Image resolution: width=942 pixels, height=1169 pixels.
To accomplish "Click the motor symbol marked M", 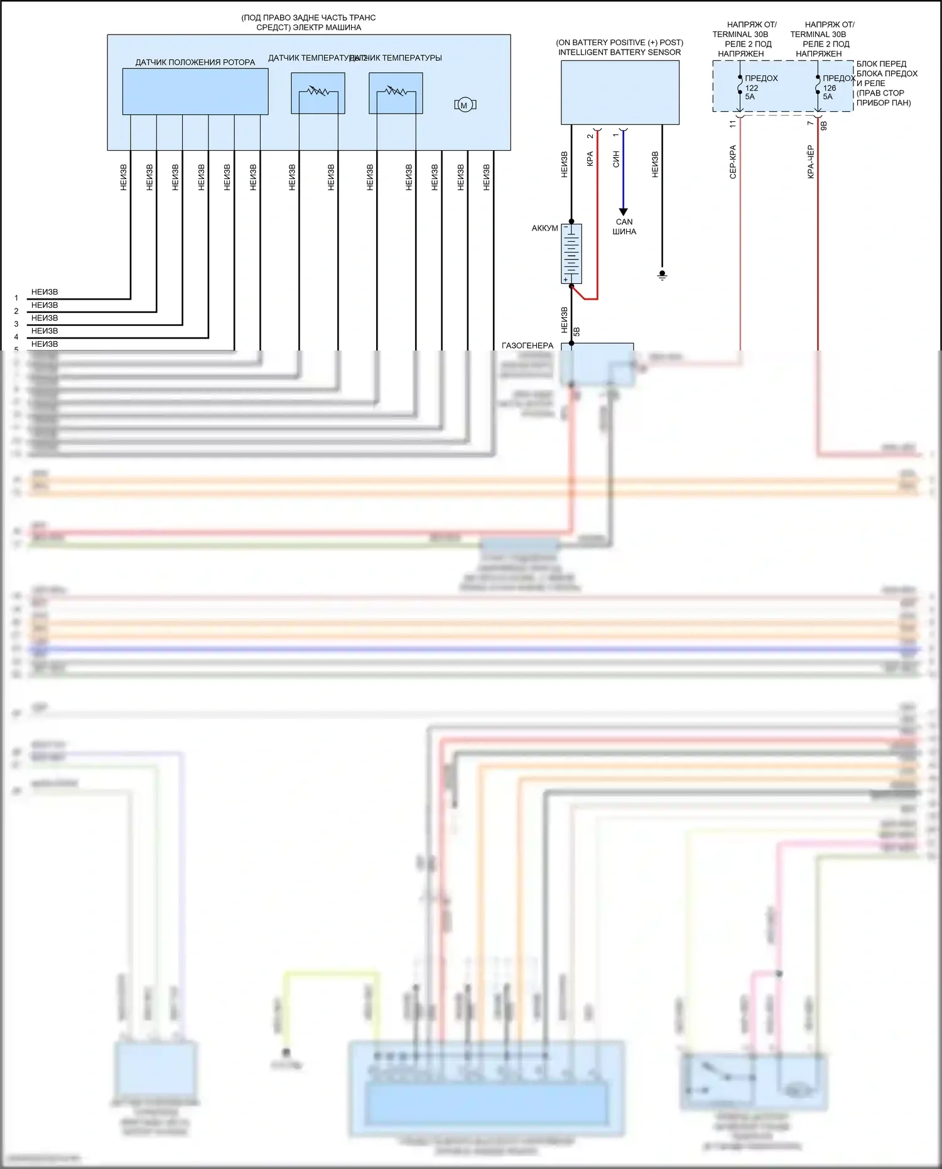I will click(465, 105).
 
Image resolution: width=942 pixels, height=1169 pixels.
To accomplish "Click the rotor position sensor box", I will click(195, 92).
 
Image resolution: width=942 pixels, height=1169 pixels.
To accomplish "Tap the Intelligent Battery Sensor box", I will click(620, 92).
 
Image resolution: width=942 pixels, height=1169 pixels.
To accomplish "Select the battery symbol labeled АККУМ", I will click(571, 254).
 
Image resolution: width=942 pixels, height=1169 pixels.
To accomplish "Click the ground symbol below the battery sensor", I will click(662, 275).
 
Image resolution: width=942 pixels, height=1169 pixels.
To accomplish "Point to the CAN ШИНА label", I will click(624, 227).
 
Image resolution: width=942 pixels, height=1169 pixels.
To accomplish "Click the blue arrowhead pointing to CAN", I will click(623, 212).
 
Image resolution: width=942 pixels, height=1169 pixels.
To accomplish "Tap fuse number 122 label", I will click(752, 88).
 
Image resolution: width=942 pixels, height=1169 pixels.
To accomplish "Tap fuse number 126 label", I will click(830, 88).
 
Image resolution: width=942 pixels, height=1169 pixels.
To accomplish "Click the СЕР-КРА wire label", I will click(733, 162).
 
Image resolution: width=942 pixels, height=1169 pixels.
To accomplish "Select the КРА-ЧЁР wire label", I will click(811, 162).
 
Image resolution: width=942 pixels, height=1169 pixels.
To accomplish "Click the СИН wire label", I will click(616, 159).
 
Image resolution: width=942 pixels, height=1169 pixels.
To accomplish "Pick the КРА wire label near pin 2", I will click(590, 159).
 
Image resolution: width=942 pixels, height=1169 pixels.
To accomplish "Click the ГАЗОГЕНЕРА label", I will click(528, 345).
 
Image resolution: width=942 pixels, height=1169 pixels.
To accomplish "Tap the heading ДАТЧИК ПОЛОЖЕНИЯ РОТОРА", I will click(195, 62).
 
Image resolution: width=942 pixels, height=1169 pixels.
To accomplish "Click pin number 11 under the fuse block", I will click(733, 124).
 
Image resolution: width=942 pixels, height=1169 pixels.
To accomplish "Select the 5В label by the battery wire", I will click(577, 332).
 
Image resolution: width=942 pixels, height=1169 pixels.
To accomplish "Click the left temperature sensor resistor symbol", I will click(318, 92).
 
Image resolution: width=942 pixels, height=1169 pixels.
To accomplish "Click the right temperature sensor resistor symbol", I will click(396, 92).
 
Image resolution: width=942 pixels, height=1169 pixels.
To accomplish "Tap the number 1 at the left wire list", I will click(16, 298).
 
